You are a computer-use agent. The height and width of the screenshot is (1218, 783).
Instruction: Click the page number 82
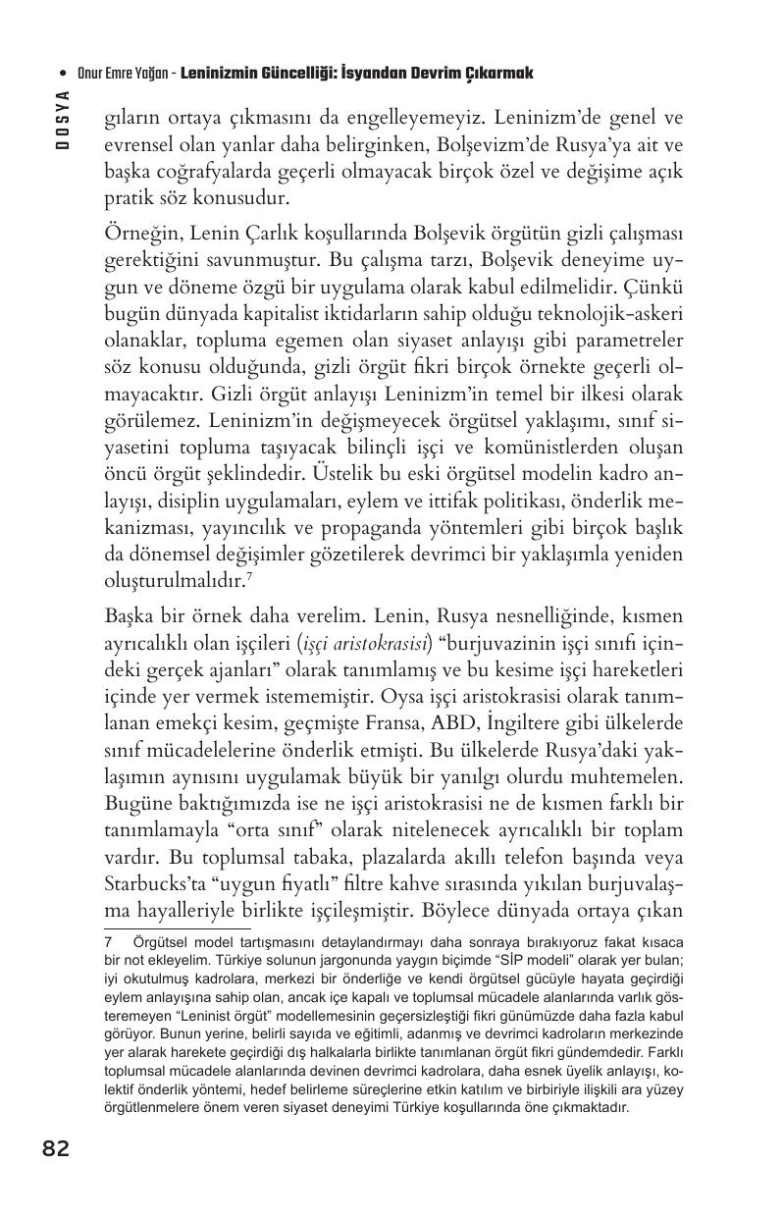[x=56, y=1147]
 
